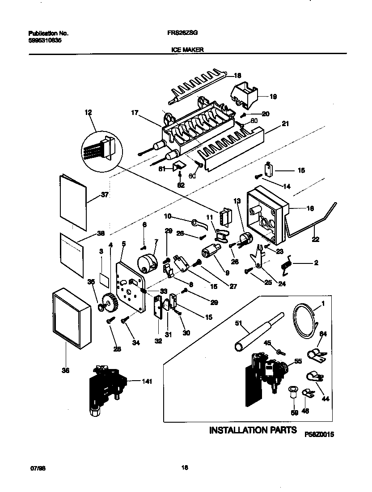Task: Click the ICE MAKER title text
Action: [x=187, y=50]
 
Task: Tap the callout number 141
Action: [x=146, y=382]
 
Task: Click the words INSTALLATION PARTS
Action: [x=253, y=430]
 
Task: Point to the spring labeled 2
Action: [x=286, y=264]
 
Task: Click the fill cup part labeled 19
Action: [x=245, y=95]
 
